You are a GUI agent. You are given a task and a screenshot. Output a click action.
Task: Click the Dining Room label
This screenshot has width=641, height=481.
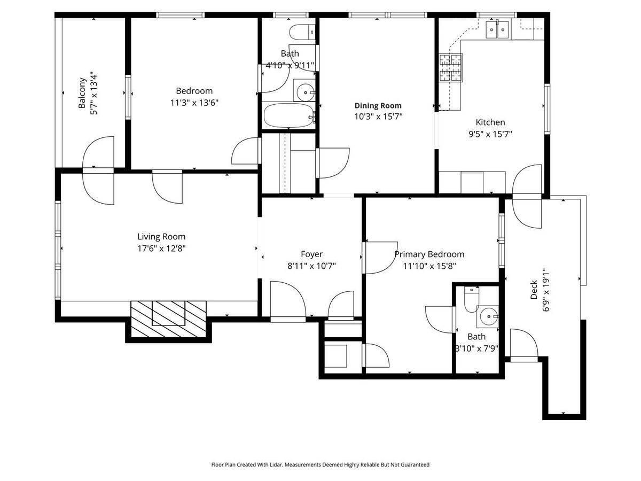378,105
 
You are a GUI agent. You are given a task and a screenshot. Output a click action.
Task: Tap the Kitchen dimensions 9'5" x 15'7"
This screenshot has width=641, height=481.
490,134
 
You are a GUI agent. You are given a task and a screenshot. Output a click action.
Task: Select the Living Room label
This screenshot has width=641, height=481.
161,236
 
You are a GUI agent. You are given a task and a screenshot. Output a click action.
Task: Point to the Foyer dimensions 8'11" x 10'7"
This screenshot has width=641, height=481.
311,266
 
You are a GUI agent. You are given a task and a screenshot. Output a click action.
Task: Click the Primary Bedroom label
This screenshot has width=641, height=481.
429,254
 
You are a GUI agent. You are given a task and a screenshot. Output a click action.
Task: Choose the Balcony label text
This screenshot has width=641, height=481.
82,93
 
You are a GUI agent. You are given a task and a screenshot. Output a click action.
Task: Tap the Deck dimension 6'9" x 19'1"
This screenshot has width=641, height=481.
545,290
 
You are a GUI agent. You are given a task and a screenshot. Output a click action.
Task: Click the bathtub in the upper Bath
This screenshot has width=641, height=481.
288,115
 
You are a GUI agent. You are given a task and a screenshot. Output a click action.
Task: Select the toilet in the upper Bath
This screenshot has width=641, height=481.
302,32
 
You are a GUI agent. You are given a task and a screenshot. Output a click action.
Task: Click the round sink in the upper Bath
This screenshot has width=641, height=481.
305,92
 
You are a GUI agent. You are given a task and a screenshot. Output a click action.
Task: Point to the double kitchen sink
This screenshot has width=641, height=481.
497,29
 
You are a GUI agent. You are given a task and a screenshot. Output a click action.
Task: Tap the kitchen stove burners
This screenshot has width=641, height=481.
451,67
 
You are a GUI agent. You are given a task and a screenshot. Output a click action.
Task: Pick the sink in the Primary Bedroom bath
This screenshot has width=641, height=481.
488,316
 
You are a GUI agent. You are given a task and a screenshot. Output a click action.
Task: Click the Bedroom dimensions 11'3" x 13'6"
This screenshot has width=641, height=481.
194,103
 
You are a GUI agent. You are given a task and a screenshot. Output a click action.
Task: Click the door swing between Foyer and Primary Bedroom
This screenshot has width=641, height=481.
380,258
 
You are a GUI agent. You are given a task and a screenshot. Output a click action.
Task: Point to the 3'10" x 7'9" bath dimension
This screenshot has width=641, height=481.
476,348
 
